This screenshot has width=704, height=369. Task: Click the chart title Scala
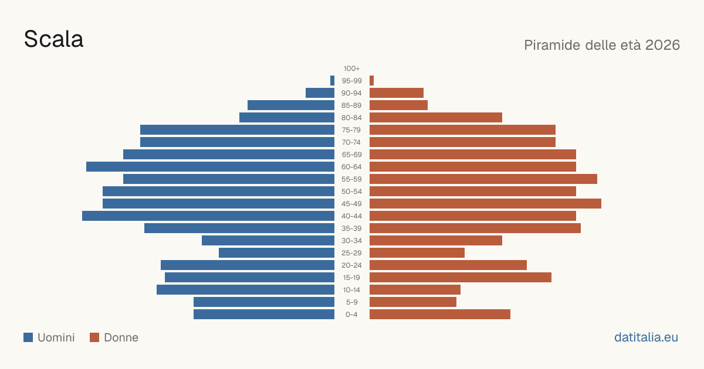[54, 39]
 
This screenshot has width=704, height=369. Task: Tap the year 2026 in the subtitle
[662, 45]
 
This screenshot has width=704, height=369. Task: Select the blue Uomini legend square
[28, 337]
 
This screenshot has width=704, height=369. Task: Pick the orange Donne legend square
[94, 337]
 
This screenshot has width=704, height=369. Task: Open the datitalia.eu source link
[646, 337]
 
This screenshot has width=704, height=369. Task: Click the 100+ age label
[351, 69]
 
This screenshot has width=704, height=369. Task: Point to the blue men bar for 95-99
[332, 81]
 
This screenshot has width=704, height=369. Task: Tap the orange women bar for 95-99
[371, 81]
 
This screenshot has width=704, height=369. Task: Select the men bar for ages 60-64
[210, 166]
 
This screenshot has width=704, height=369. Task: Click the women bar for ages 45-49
[485, 204]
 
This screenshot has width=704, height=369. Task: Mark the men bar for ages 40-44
[208, 216]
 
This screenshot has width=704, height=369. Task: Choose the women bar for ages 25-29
[417, 253]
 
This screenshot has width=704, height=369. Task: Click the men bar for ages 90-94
[320, 93]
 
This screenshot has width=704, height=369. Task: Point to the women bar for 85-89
[398, 105]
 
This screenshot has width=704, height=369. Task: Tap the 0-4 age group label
[351, 315]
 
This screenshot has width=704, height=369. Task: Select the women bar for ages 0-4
[440, 315]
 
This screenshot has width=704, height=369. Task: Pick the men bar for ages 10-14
[245, 289]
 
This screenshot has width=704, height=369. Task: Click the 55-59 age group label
[351, 179]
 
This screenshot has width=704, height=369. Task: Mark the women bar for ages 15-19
[461, 278]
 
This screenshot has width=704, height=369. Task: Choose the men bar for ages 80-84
[287, 118]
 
